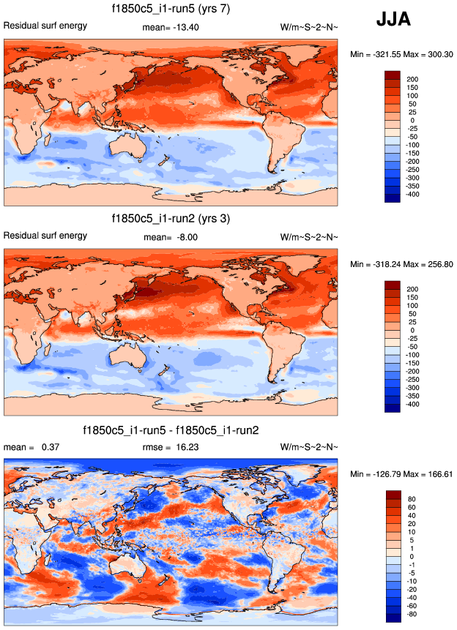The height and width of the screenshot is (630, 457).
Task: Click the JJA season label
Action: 393,20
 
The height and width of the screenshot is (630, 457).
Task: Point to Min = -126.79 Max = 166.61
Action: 401,474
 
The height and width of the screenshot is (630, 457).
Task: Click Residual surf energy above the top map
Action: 45,26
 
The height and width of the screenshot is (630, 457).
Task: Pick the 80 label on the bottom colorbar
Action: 412,500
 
